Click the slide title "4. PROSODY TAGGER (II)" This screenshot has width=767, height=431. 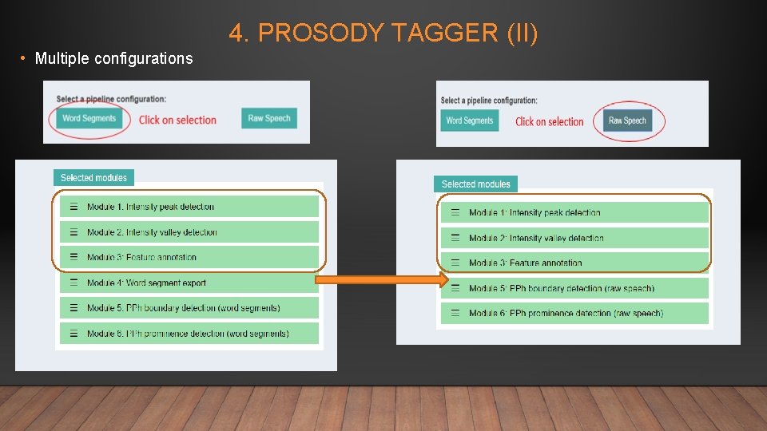tap(383, 34)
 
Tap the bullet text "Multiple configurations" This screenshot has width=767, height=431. tap(113, 58)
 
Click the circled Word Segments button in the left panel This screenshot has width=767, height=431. tap(89, 118)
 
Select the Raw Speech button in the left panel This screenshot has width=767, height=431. tap(268, 118)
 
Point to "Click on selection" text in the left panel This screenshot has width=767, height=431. tap(177, 120)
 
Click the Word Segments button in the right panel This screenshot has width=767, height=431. tap(470, 121)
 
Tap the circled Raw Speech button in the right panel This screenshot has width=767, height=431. tap(627, 121)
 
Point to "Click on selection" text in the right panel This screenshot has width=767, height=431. tap(549, 121)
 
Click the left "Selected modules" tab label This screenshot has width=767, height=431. tap(93, 178)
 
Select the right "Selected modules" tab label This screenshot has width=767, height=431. tap(475, 184)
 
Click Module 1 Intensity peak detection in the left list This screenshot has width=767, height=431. tap(189, 207)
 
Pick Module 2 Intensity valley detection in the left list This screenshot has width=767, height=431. tap(189, 232)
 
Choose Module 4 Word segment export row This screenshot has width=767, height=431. tap(189, 283)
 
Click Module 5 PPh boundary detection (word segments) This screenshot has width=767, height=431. tap(189, 308)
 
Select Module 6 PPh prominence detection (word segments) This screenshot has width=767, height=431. tap(189, 333)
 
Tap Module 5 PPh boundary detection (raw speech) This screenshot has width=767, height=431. tap(574, 288)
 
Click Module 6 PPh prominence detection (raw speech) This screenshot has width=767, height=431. tap(574, 313)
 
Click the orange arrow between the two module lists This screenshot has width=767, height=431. tap(380, 279)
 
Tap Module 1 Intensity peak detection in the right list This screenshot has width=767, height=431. tap(574, 212)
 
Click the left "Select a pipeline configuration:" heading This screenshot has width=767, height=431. tap(111, 99)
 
